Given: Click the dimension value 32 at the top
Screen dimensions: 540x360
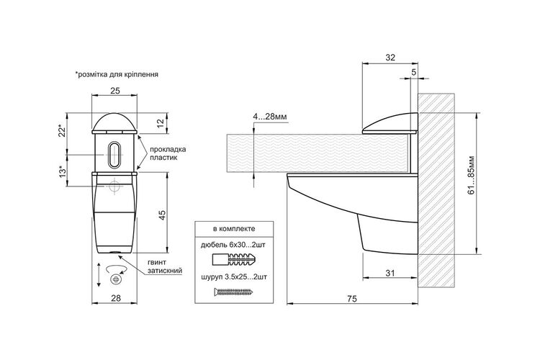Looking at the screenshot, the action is pyautogui.click(x=390, y=58).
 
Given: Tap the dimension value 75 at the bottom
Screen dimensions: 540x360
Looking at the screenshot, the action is pyautogui.click(x=352, y=299).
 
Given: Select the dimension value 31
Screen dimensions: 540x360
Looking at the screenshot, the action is pyautogui.click(x=390, y=273).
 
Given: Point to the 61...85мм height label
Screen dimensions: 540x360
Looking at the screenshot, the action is pyautogui.click(x=471, y=176).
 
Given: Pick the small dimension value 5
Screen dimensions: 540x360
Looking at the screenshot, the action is pyautogui.click(x=413, y=72).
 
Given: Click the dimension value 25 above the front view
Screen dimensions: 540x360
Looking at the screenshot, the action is pyautogui.click(x=115, y=91).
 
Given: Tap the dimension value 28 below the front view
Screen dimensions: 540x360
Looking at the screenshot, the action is pyautogui.click(x=116, y=298).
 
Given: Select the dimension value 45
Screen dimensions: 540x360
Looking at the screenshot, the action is pyautogui.click(x=162, y=215).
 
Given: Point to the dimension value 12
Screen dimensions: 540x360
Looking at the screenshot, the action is pyautogui.click(x=162, y=123).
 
